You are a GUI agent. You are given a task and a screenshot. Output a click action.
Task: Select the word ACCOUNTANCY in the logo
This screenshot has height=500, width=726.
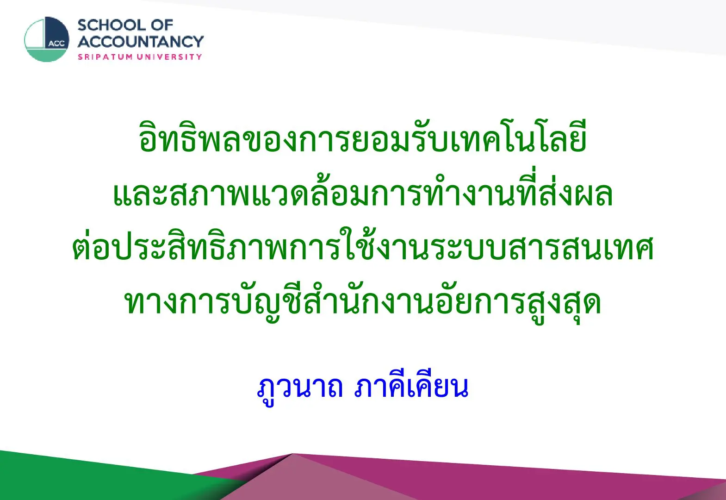141,42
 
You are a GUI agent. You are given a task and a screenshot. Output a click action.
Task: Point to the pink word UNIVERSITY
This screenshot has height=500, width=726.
169,57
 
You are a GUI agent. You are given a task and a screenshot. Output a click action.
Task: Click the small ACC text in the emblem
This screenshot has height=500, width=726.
57,44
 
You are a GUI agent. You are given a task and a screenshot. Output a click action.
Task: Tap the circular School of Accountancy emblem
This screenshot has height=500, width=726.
47,39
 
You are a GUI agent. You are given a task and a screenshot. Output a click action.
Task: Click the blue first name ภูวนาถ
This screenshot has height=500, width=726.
300,389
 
